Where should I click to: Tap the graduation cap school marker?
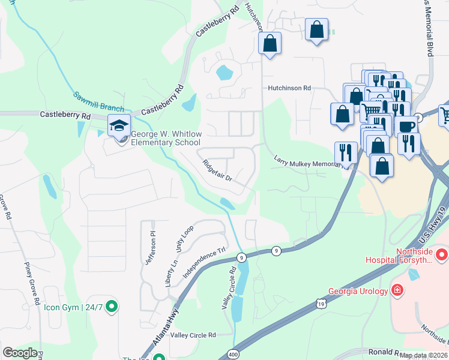[119, 127]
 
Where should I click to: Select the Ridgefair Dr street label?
[217, 172]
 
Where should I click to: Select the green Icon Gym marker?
[111, 307]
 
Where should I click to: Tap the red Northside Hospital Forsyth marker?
[442, 256]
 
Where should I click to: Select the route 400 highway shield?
[232, 355]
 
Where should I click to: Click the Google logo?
[20, 353]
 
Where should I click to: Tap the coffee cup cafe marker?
[406, 127]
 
